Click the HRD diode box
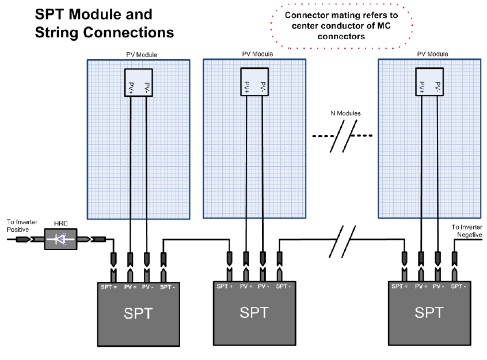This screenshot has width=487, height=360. [60, 238]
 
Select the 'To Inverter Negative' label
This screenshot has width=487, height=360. [467, 231]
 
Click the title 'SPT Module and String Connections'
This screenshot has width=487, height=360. [104, 23]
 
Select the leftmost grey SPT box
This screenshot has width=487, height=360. [139, 313]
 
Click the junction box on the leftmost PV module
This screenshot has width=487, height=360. [139, 83]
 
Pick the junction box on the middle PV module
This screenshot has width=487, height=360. [254, 82]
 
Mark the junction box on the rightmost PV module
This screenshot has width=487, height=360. [429, 82]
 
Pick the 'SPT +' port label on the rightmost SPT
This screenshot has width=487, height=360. [400, 286]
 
